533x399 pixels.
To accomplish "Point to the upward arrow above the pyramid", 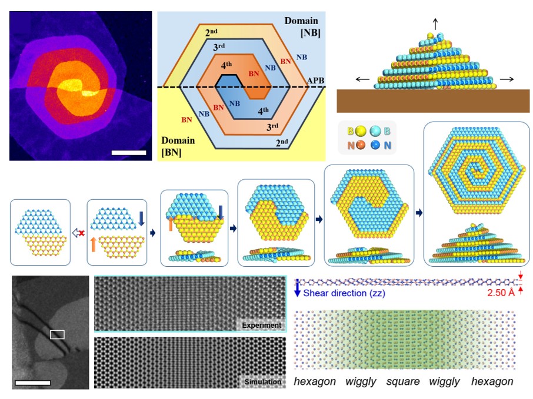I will [435, 24].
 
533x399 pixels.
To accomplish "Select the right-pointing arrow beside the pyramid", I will [507, 79].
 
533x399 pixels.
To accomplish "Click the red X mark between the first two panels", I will [80, 233].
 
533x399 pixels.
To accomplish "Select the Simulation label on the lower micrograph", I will [263, 383].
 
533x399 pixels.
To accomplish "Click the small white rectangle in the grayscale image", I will [57, 334].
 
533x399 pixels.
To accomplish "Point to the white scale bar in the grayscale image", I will [32, 383].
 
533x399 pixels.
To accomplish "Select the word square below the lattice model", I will [403, 382].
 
